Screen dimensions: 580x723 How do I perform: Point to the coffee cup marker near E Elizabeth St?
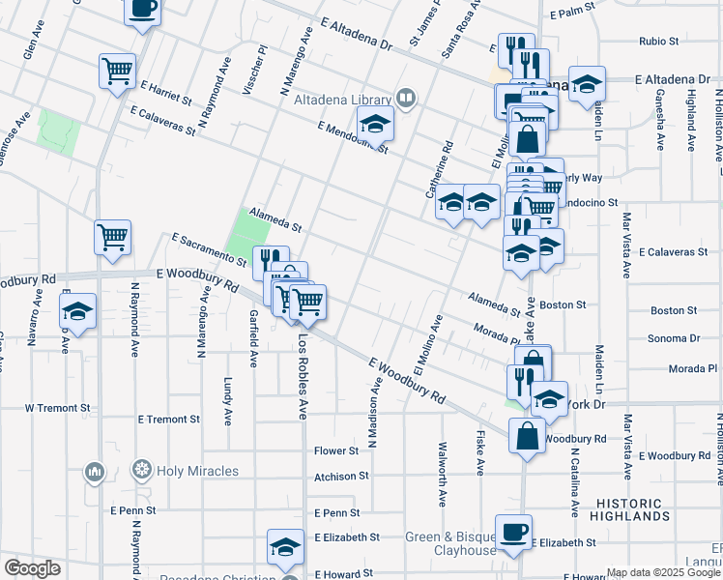[513, 531]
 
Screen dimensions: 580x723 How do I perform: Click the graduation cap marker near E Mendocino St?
[375, 124]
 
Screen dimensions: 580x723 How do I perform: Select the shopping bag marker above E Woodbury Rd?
[527, 435]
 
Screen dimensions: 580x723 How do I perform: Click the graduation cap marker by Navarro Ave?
[77, 311]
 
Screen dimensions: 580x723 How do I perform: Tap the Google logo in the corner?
[32, 568]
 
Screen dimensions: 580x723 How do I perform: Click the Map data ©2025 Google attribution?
[662, 572]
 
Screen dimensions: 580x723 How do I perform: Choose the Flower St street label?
[336, 450]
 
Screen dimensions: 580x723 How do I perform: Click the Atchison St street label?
[340, 476]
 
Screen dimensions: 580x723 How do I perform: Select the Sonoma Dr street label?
[675, 338]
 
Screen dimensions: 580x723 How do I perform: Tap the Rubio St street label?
[660, 42]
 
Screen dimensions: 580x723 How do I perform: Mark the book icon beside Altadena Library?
[407, 98]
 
